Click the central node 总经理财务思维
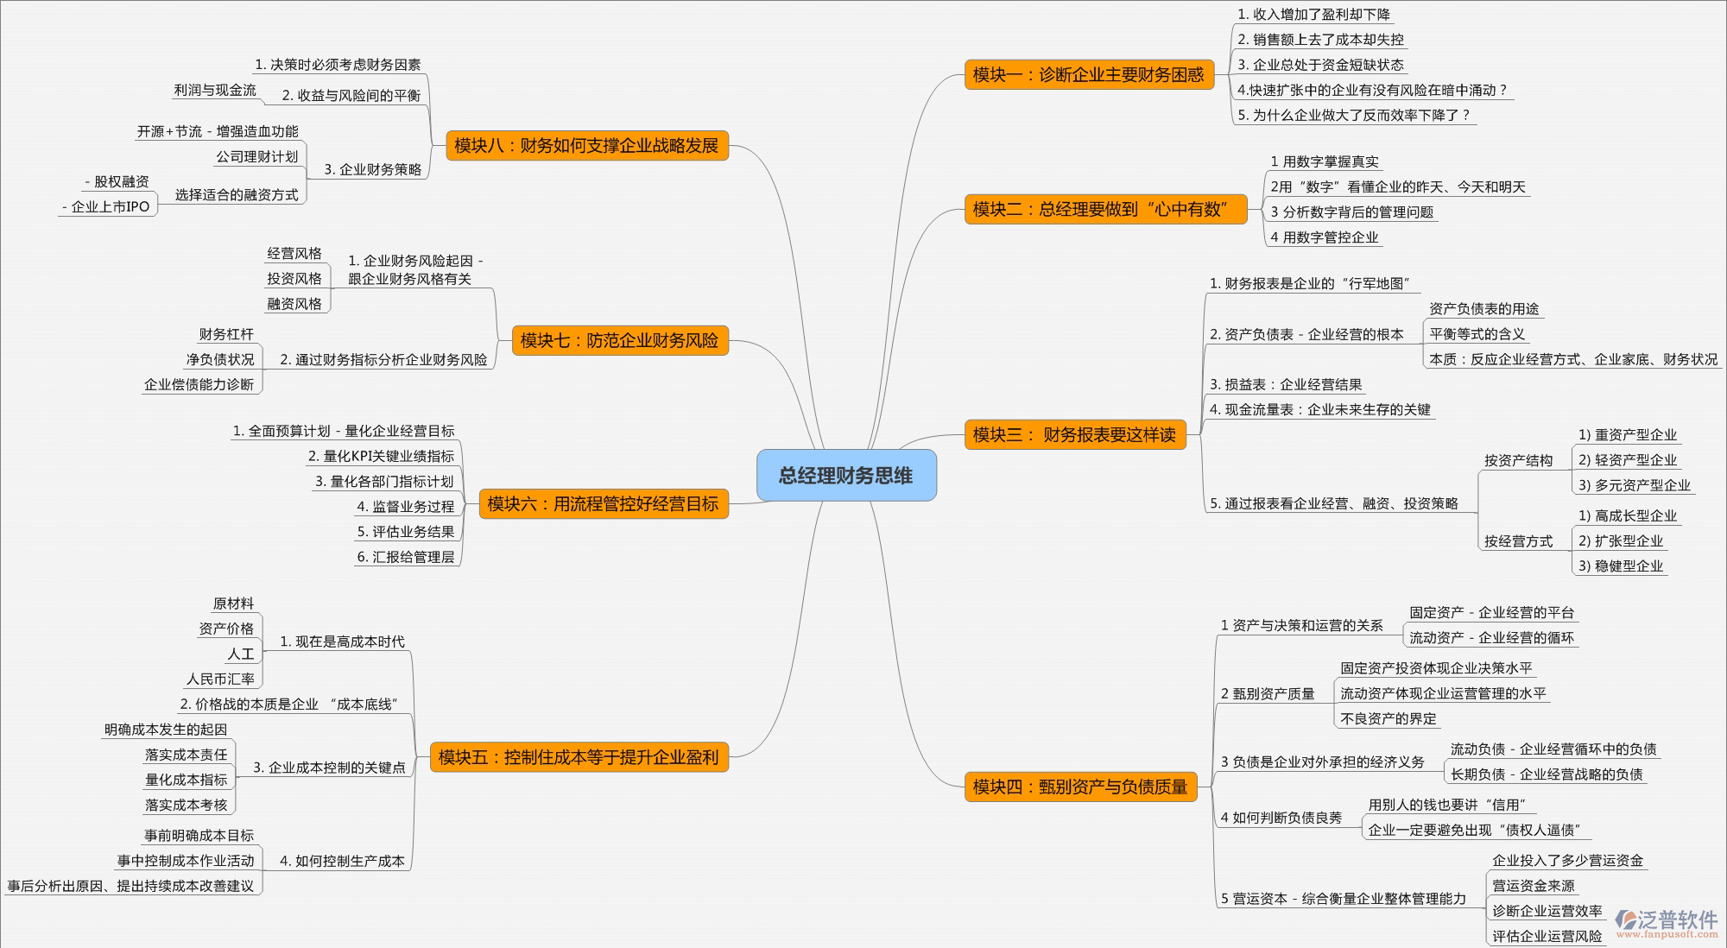coord(846,475)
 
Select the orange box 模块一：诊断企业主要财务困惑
coord(1088,75)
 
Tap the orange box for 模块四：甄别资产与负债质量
coord(1080,787)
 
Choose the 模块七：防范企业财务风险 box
coord(619,340)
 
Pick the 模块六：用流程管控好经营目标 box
coord(603,503)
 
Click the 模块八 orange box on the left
coord(586,145)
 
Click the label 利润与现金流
coord(215,90)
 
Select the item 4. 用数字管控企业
coord(1325,237)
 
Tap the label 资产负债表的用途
coord(1483,308)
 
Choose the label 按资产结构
coord(1518,460)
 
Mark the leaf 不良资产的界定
coord(1389,718)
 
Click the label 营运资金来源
coord(1534,885)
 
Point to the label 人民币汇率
coord(220,679)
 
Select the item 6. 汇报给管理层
coord(406,557)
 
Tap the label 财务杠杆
coord(226,334)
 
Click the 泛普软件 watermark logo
coord(1667,921)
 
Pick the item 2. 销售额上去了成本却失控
coord(1321,40)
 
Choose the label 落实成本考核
coord(187,805)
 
